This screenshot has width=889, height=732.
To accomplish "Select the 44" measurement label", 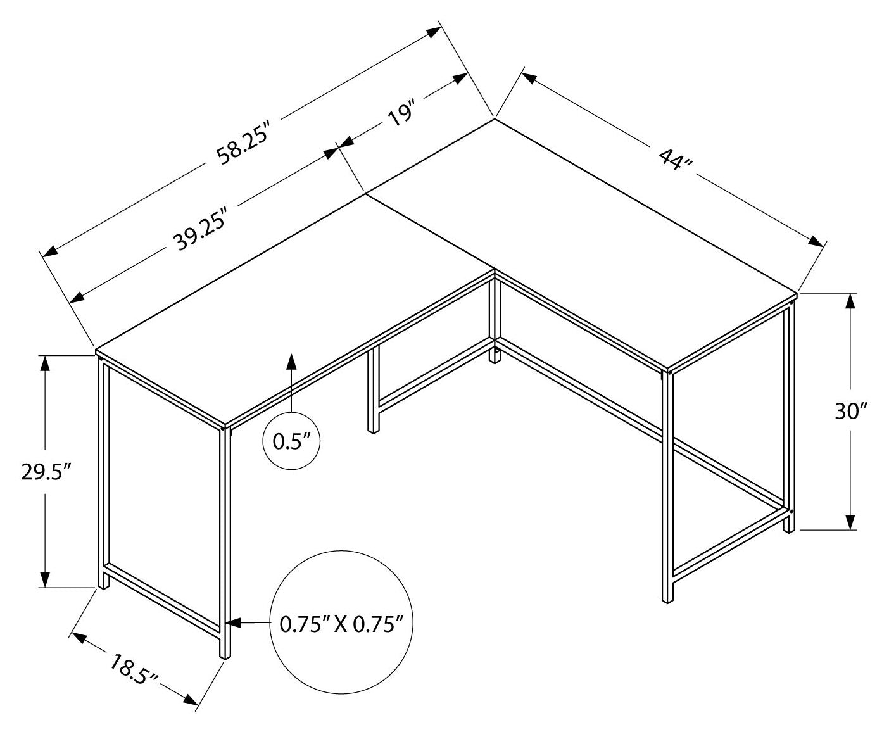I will (676, 160).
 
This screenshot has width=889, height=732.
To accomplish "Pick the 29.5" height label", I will (44, 472).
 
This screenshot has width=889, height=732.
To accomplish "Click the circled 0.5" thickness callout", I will (291, 441).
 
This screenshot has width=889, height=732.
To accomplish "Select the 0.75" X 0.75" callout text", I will (342, 625).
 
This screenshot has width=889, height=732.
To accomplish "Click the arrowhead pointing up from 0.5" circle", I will (291, 361).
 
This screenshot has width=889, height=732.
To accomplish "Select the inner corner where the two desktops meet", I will (494, 272).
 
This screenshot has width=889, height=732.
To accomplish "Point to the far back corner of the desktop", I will (495, 118).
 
